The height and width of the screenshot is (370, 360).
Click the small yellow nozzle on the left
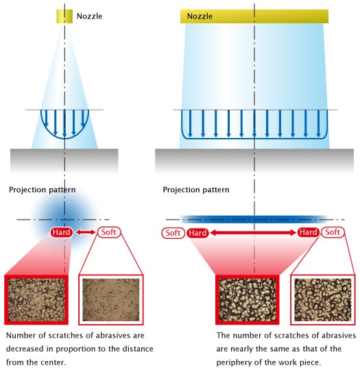point(64,16)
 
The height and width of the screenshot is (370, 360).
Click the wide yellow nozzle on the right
point(254,16)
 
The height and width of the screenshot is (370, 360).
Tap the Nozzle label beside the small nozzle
point(89,16)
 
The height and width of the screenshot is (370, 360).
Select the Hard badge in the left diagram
point(61,232)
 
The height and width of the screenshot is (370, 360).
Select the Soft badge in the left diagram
point(109,232)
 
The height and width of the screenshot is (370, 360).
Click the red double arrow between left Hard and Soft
point(85,233)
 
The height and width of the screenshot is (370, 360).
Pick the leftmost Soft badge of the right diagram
point(173,233)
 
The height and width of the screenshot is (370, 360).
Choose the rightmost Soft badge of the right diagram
point(333,232)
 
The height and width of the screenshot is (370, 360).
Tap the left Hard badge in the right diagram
point(197,233)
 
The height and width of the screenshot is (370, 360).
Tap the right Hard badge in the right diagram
point(309,232)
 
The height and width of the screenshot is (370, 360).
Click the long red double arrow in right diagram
point(253,233)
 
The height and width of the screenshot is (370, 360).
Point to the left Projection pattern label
point(43,190)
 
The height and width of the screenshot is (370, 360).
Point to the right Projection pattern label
point(196,190)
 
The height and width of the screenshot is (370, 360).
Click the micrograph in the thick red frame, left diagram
point(36,300)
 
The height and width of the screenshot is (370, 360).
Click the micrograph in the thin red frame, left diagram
point(111,300)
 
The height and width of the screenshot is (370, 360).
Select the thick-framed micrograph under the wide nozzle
point(248,300)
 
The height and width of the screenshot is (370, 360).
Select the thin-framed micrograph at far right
point(323,300)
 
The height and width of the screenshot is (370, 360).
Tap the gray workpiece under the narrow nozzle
point(64,161)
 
